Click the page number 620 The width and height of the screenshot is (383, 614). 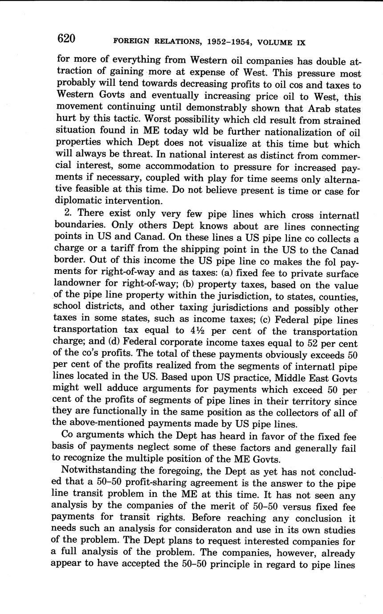(x=66, y=39)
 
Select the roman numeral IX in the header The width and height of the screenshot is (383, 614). (x=301, y=43)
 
